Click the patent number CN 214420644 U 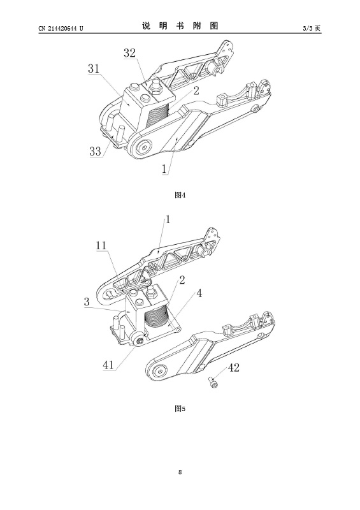click(x=61, y=29)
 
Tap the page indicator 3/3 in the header click(x=307, y=29)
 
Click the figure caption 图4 click(x=180, y=195)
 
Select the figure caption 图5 click(x=180, y=409)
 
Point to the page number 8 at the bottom click(x=180, y=472)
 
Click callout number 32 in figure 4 click(x=129, y=53)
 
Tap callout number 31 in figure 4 click(x=94, y=69)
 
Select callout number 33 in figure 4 click(x=96, y=151)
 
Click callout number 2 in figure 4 click(x=196, y=91)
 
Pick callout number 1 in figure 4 click(x=164, y=169)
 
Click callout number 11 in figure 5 click(x=101, y=245)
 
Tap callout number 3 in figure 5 click(x=87, y=302)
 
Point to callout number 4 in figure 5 click(x=199, y=293)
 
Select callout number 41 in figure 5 click(x=108, y=365)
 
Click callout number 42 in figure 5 click(x=233, y=368)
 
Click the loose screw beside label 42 click(x=213, y=383)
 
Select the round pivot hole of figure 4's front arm click(x=143, y=147)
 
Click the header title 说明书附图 click(x=180, y=26)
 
